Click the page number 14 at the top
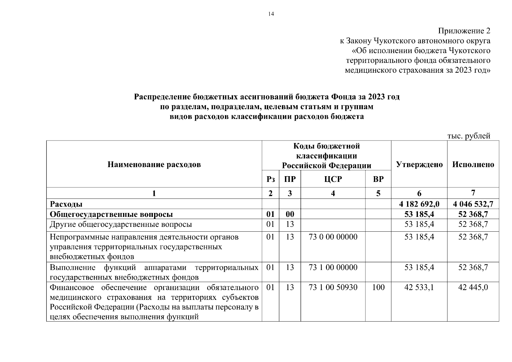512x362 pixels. pos(271,14)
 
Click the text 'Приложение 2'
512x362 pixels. pos(464,31)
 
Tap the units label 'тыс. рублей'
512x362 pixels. pos(469,136)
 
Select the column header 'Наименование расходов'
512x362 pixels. pos(154,164)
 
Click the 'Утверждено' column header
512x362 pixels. pos(419,164)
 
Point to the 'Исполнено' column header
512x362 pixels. pos(473,164)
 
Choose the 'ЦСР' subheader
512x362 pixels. pos(333,179)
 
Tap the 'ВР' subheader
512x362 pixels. pos(378,179)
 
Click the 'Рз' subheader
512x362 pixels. pos(270,179)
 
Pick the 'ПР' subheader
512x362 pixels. pos(290,179)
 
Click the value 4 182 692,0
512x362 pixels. pos(419,204)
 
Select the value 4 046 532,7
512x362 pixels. pos(473,204)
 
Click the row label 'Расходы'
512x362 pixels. pos(66,204)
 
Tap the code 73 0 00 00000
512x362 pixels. pos(333,237)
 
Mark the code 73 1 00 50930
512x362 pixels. pos(333,287)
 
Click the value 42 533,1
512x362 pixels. pos(419,287)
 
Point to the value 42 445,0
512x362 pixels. pos(473,287)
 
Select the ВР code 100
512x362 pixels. pos(378,287)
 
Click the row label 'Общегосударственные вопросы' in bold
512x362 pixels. pos(111,214)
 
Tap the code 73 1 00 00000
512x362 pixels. pos(333,267)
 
